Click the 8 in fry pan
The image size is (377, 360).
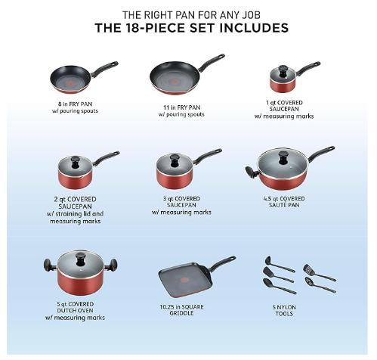pyautogui.click(x=76, y=78)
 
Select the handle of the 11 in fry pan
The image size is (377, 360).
pyautogui.click(x=211, y=62)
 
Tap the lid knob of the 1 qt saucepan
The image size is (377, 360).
pyautogui.click(x=283, y=70)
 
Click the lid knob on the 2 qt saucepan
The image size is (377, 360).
pyautogui.click(x=76, y=163)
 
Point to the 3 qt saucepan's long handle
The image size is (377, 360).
pyautogui.click(x=207, y=156)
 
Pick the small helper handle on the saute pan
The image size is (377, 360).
pyautogui.click(x=252, y=172)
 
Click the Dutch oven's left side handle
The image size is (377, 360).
pyautogui.click(x=49, y=265)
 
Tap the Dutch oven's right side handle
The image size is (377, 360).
pyautogui.click(x=112, y=265)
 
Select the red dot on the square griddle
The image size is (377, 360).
pyautogui.click(x=184, y=281)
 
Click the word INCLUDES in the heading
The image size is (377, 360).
pyautogui.click(x=254, y=28)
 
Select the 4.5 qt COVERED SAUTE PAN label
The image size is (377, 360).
pyautogui.click(x=284, y=202)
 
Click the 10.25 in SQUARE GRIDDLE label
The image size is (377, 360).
pyautogui.click(x=181, y=310)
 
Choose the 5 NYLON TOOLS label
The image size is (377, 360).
pyautogui.click(x=284, y=310)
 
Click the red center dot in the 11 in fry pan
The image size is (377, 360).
pyautogui.click(x=175, y=82)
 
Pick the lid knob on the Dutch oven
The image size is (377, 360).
pyautogui.click(x=81, y=259)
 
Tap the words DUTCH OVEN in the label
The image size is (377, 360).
pyautogui.click(x=75, y=311)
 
